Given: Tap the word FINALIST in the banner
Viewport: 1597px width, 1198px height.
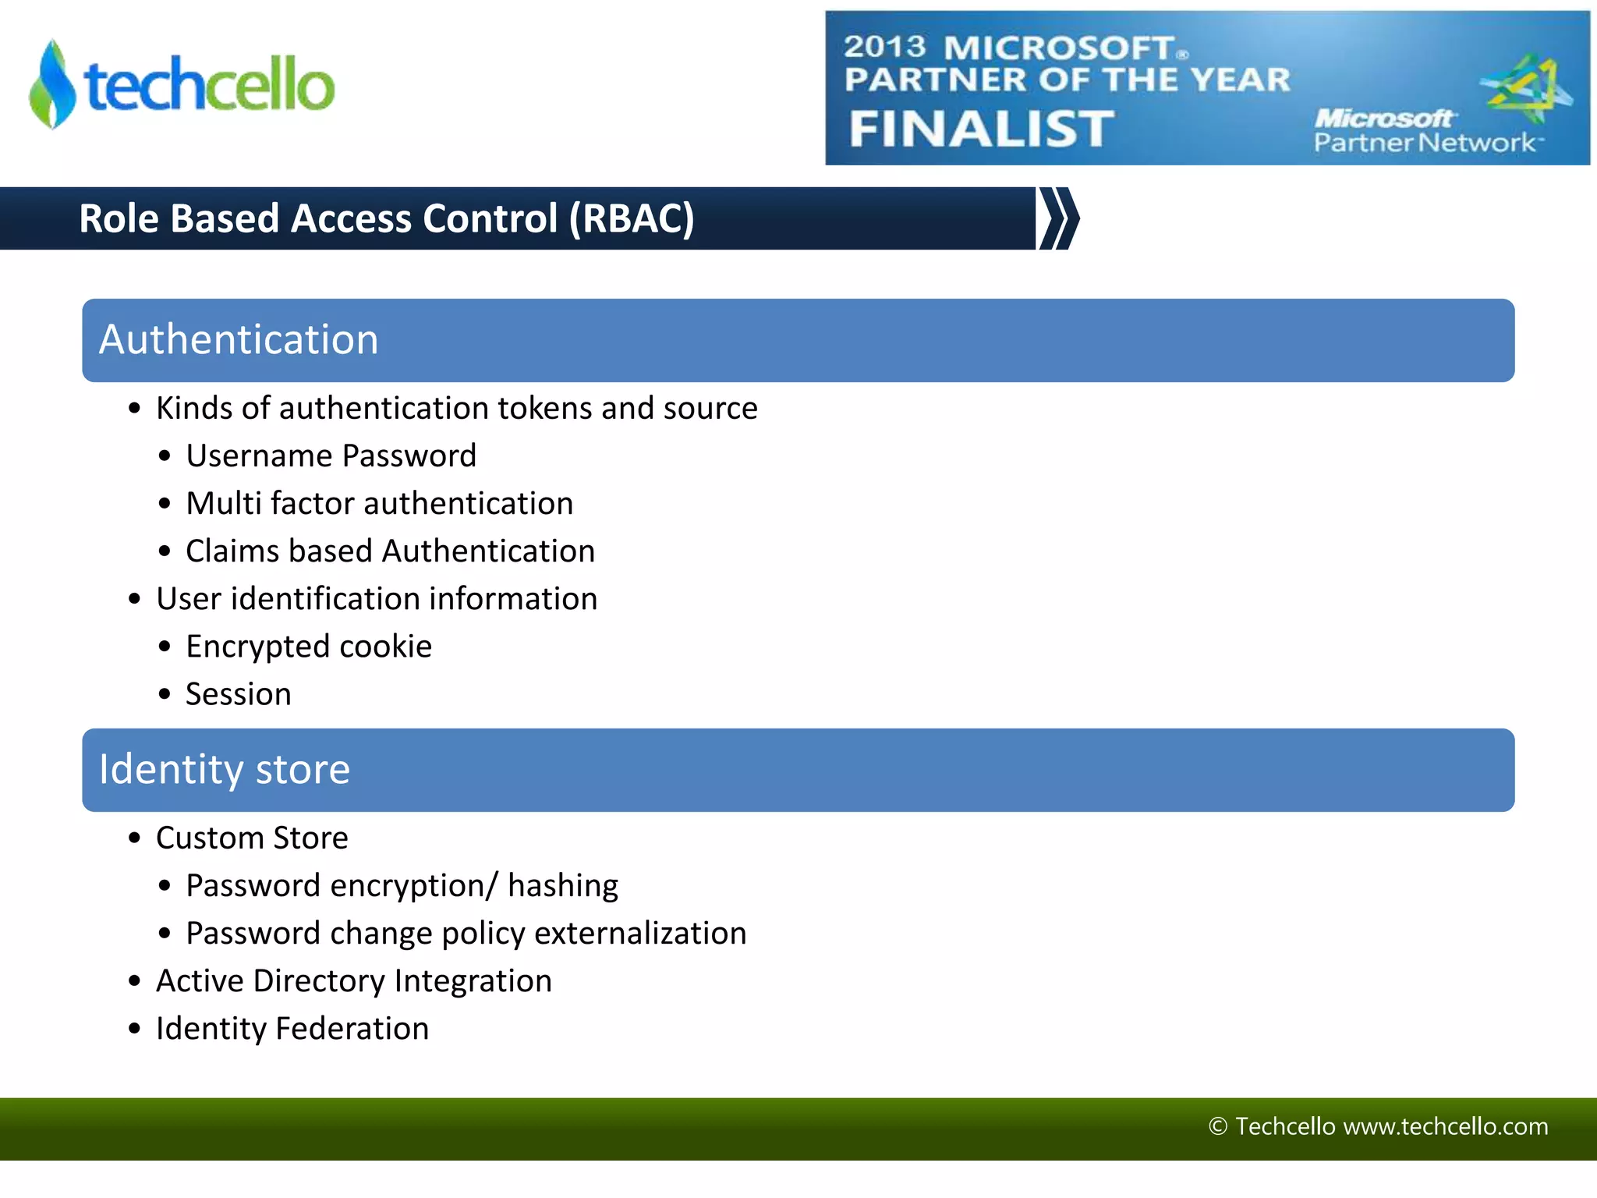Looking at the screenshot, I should pyautogui.click(x=981, y=129).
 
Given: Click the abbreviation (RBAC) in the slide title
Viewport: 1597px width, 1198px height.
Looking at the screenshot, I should pyautogui.click(x=631, y=218).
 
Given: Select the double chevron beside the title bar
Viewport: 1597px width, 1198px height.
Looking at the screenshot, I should pyautogui.click(x=1059, y=218).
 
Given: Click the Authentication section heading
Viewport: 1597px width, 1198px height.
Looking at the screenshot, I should pyautogui.click(x=239, y=340).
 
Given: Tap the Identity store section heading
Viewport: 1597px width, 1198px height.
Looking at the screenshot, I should pyautogui.click(x=225, y=770).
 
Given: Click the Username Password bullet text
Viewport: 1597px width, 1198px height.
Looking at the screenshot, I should pyautogui.click(x=331, y=456).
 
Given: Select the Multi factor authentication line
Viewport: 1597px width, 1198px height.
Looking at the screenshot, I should pyautogui.click(x=379, y=504).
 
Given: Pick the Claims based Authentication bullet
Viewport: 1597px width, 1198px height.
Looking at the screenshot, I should pyautogui.click(x=390, y=551).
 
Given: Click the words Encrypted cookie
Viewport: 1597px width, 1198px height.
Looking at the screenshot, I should pyautogui.click(x=309, y=647).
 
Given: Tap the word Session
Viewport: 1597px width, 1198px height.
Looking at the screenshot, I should pyautogui.click(x=239, y=694).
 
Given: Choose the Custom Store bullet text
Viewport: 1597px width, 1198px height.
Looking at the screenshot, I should pyautogui.click(x=252, y=838).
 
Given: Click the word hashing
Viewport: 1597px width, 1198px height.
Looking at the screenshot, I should pyautogui.click(x=562, y=886).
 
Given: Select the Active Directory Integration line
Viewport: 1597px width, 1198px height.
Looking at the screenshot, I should pyautogui.click(x=353, y=981).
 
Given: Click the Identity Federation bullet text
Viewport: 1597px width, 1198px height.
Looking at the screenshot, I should pyautogui.click(x=292, y=1029).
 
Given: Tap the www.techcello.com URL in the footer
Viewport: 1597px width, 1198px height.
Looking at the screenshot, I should pyautogui.click(x=1446, y=1126).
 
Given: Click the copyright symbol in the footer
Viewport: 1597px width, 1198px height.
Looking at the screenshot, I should pyautogui.click(x=1217, y=1126).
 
